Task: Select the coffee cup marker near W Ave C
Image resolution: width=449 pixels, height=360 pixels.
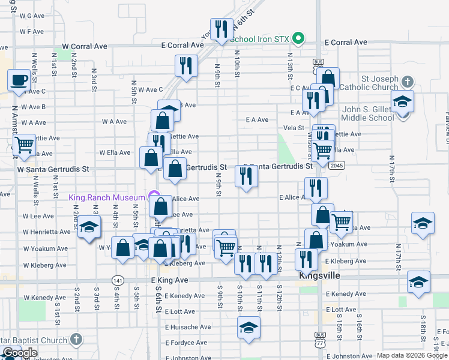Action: pos(19,80)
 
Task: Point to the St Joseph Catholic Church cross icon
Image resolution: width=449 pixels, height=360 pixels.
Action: pos(408,82)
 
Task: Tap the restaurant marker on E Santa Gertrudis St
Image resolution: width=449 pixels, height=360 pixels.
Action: pos(246,175)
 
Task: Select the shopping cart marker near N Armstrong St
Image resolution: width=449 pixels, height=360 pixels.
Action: pos(23,145)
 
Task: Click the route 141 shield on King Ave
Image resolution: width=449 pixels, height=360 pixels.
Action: pos(117,280)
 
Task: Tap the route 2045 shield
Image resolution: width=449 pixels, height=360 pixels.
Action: pos(337,166)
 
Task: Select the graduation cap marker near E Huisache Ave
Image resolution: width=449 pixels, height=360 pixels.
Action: pos(249,328)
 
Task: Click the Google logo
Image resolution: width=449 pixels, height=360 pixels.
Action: pos(19,353)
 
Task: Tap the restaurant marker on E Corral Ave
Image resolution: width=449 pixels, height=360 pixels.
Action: pos(221,28)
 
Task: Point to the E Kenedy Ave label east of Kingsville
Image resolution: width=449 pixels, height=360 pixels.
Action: pos(345,294)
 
